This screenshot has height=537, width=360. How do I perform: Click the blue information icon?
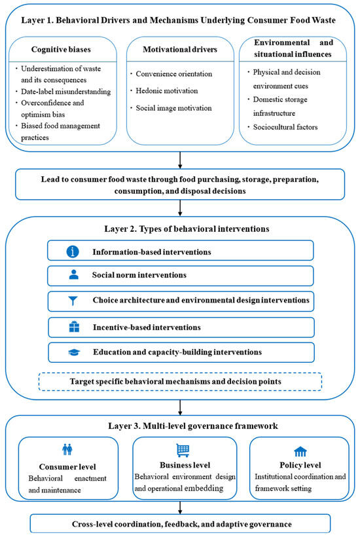[x=73, y=251]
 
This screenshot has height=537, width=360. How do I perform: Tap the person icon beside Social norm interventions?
[x=73, y=274]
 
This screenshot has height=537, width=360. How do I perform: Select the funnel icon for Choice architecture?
[x=73, y=301]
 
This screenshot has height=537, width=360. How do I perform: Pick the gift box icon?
[x=74, y=327]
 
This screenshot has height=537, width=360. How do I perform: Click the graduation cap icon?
[x=74, y=352]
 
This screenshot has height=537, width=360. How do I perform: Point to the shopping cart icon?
[x=183, y=450]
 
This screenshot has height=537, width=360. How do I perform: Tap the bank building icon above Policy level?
[x=300, y=451]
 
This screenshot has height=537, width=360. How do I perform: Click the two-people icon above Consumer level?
[x=67, y=449]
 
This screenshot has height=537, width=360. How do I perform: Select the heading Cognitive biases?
[x=61, y=50]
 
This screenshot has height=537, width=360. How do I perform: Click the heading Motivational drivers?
[x=180, y=50]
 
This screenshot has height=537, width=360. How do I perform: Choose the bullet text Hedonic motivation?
[x=167, y=91]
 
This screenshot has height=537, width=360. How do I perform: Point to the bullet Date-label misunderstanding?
[x=65, y=92]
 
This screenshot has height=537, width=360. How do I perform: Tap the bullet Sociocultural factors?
[x=285, y=127]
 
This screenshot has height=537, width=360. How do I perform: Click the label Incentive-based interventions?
[x=147, y=327]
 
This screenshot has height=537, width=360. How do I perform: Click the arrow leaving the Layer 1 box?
[x=180, y=160]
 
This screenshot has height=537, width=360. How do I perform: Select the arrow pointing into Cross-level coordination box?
[x=180, y=508]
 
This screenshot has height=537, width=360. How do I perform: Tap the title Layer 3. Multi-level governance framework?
[x=193, y=426]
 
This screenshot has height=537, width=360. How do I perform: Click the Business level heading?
[x=185, y=465]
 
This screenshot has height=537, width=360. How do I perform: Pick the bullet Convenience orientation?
[x=174, y=74]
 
